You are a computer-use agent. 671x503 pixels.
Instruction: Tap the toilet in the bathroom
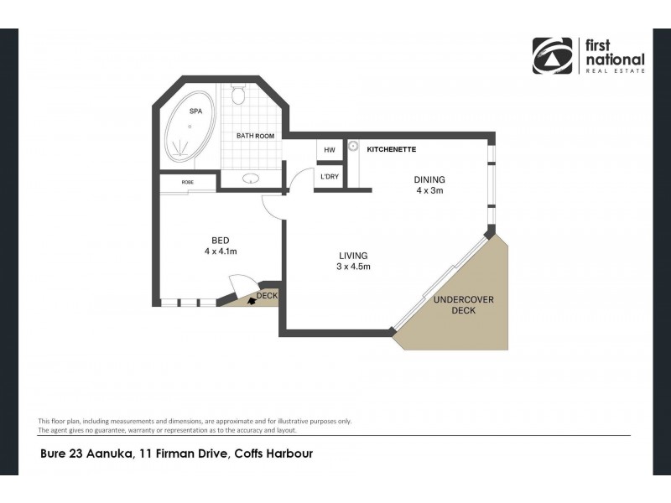(237, 97)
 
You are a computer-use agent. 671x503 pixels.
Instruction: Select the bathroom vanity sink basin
(250, 178)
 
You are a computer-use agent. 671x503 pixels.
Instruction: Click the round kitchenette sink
(354, 148)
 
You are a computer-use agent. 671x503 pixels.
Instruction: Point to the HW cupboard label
(329, 150)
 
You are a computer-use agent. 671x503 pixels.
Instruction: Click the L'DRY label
(329, 177)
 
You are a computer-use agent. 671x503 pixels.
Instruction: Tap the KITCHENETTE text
(392, 149)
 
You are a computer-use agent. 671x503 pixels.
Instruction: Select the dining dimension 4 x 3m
(429, 190)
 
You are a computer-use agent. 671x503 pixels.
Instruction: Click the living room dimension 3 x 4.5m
(354, 267)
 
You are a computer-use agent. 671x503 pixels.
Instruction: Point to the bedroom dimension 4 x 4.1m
(221, 251)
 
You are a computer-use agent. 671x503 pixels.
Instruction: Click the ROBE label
(188, 182)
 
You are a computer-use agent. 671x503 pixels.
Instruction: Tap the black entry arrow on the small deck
(252, 299)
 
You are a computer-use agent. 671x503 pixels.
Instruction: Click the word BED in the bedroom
(221, 239)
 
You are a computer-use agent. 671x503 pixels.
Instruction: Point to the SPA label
(195, 111)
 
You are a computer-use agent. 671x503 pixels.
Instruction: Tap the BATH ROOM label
(255, 136)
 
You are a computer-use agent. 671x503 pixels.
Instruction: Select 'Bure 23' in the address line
(63, 455)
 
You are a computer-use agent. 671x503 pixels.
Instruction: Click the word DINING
(429, 179)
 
